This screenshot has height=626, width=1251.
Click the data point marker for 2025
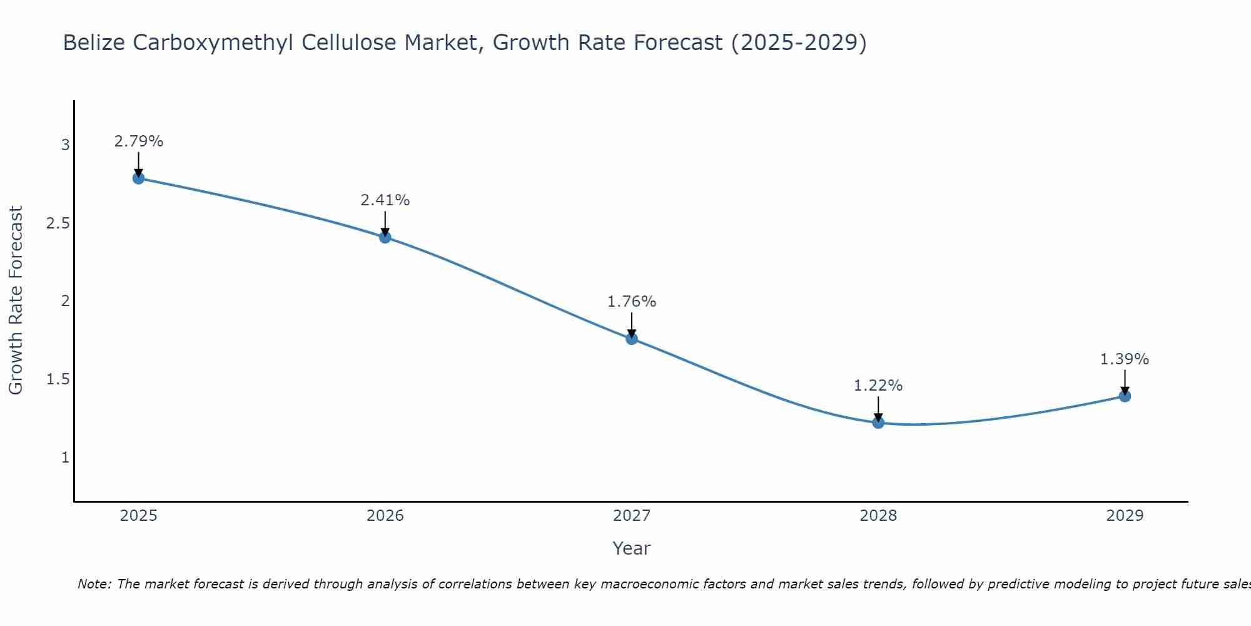(138, 178)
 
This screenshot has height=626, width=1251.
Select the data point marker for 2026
(385, 237)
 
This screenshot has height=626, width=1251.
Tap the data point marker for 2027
(632, 339)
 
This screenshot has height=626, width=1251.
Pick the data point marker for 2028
(878, 423)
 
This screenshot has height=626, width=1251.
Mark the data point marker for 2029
(1125, 396)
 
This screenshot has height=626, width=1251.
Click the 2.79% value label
(138, 141)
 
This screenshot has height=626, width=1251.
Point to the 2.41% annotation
(385, 200)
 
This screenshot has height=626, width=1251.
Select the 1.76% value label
(632, 302)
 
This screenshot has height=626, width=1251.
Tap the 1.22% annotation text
(878, 386)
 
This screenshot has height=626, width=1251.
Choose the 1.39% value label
(1125, 359)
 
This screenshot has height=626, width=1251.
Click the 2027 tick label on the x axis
(632, 516)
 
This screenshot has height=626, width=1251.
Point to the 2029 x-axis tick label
(1125, 516)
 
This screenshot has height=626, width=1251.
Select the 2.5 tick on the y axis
(58, 223)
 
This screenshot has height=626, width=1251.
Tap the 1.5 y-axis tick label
(58, 379)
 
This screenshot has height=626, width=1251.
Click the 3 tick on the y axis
(65, 145)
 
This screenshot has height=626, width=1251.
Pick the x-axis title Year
(632, 548)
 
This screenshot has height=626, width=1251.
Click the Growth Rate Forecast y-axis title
(16, 300)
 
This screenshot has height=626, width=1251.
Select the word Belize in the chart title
(91, 43)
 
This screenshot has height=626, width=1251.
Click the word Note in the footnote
(94, 584)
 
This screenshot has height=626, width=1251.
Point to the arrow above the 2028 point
(878, 409)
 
